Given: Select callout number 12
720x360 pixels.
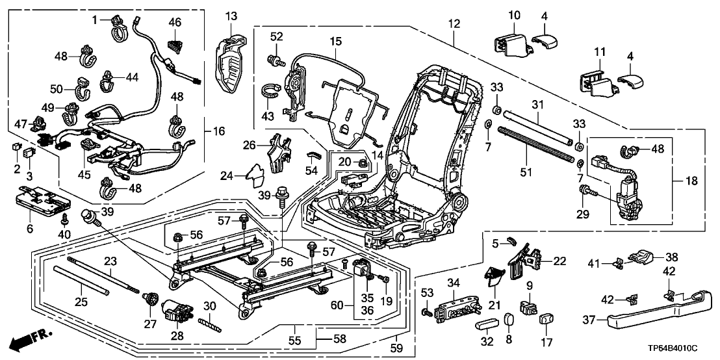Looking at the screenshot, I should (454, 23).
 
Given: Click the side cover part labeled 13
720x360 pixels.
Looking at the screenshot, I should (231, 57).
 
